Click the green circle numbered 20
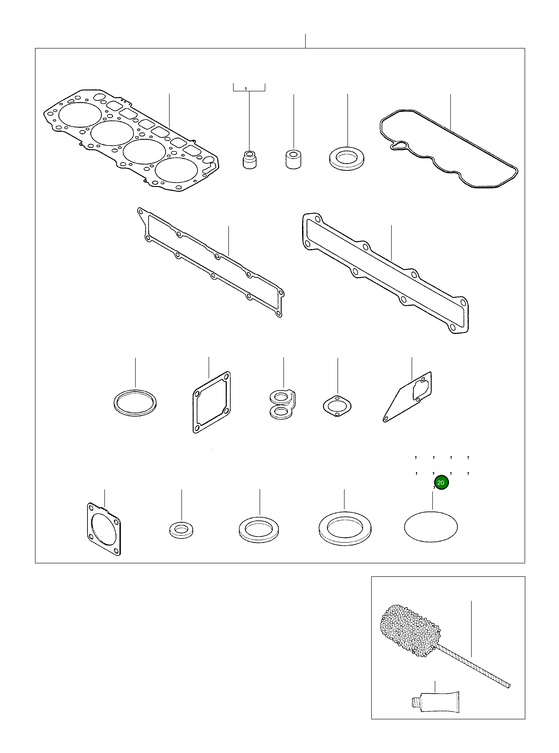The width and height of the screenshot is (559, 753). tap(441, 483)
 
